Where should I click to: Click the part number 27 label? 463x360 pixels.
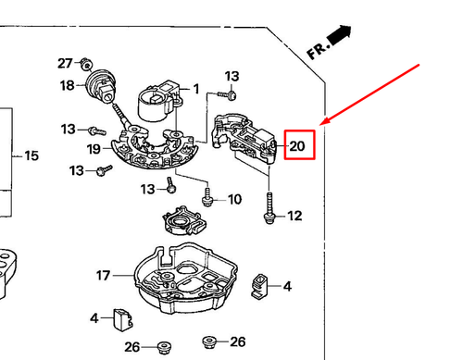pyautogui.click(x=65, y=63)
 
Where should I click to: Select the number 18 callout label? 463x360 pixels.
pyautogui.click(x=68, y=86)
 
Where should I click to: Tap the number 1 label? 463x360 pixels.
pyautogui.click(x=196, y=89)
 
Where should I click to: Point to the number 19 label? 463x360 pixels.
pyautogui.click(x=94, y=149)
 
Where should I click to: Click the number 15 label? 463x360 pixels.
pyautogui.click(x=31, y=155)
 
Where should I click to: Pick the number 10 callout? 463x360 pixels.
pyautogui.click(x=233, y=199)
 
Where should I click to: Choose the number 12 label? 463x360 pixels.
pyautogui.click(x=294, y=217)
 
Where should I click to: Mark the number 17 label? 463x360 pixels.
pyautogui.click(x=104, y=276)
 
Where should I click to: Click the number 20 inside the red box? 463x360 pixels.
pyautogui.click(x=297, y=146)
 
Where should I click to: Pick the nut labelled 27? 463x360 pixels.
pyautogui.click(x=85, y=64)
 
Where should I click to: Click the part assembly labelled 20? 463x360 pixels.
pyautogui.click(x=245, y=139)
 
